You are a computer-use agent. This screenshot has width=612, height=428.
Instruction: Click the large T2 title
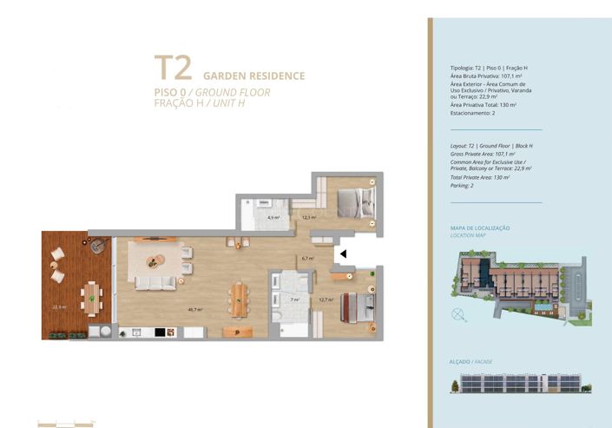pyautogui.click(x=173, y=69)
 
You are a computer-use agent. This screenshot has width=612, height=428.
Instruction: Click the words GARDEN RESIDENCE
pyautogui.click(x=253, y=76)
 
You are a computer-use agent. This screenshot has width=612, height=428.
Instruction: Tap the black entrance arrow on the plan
pyautogui.click(x=343, y=254)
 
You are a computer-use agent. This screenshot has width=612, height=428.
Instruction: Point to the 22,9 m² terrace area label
pyautogui.click(x=59, y=306)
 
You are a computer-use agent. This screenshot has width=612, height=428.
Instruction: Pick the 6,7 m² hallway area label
pyautogui.click(x=306, y=258)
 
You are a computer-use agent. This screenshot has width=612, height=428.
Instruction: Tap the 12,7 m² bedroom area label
pyautogui.click(x=326, y=300)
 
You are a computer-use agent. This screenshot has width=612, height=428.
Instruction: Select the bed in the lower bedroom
pyautogui.click(x=358, y=306)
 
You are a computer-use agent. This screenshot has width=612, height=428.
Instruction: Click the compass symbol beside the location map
pyautogui.click(x=458, y=313)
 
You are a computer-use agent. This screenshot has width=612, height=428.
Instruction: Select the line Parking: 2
pyautogui.click(x=461, y=185)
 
